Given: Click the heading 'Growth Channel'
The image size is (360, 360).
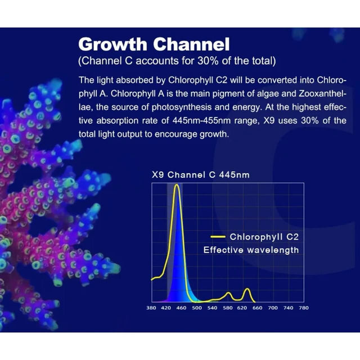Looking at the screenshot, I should (154, 44).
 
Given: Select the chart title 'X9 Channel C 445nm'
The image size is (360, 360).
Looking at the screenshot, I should (201, 175).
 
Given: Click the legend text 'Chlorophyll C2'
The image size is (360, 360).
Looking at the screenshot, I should (264, 237).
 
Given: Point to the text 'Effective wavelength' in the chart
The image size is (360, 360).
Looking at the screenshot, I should (251, 250).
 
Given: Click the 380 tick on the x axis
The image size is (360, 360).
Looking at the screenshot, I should (151, 308).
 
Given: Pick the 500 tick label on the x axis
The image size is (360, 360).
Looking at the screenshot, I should (197, 308).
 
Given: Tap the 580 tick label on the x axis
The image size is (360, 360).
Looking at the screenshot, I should (227, 308).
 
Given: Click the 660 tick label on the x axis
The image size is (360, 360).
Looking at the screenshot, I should (258, 308).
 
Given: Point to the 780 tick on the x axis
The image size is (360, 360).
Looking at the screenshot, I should (303, 308).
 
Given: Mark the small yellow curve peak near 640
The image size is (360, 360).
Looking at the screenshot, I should (246, 289).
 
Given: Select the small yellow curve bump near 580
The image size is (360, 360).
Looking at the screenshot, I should (228, 293).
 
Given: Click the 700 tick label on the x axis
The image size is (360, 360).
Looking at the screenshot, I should (273, 308).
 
